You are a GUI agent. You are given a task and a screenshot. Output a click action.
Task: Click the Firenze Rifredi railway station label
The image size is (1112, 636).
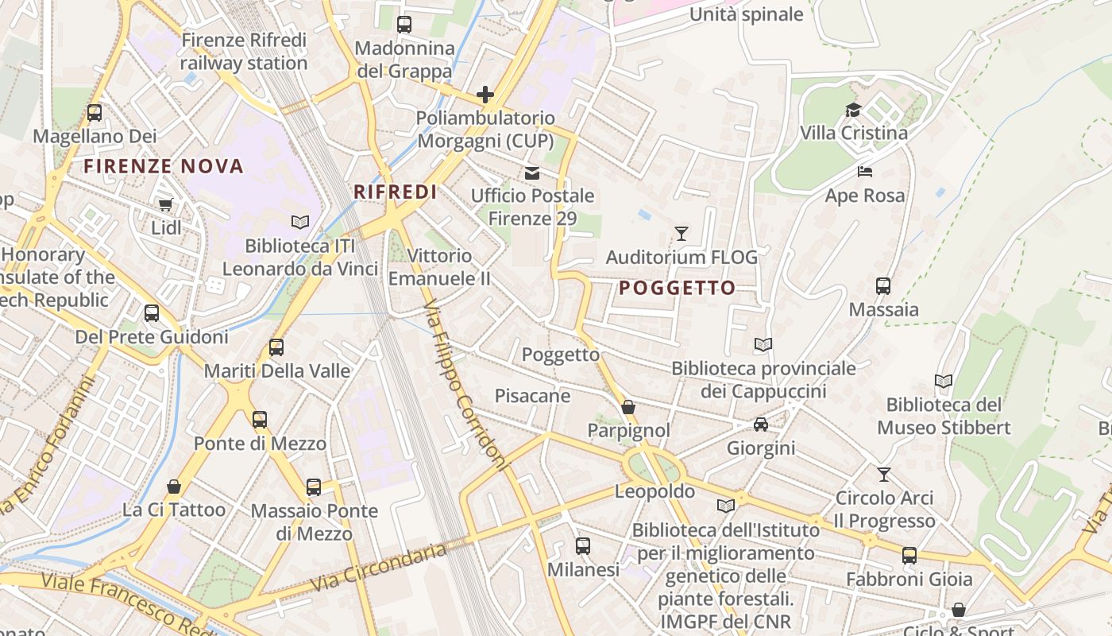[243, 52]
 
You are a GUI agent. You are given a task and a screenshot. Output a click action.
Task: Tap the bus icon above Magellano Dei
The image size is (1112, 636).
[95, 113]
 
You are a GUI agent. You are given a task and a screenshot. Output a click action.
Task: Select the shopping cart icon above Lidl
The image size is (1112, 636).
[166, 205]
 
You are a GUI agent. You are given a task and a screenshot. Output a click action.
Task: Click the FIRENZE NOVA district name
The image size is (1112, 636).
[164, 166]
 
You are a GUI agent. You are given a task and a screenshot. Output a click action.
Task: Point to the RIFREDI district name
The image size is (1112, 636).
[396, 192]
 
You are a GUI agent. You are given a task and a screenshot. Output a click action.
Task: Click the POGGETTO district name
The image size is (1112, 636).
[677, 288]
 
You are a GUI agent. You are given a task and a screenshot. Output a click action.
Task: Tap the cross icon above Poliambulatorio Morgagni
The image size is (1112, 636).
[485, 95]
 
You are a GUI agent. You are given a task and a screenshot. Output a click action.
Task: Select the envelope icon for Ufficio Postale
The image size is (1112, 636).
[531, 173]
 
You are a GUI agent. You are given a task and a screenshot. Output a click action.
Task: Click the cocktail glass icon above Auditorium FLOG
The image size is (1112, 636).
[681, 234]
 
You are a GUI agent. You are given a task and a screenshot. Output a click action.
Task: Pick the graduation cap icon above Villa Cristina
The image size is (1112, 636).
[853, 110]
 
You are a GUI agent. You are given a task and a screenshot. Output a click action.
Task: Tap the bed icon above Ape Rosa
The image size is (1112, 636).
[864, 172]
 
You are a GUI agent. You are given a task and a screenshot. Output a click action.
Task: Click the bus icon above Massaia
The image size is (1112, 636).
[882, 286]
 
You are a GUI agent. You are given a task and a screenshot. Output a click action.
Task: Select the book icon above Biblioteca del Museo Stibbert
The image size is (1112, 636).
[943, 382]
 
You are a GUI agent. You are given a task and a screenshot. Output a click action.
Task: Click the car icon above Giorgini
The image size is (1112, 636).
[760, 425]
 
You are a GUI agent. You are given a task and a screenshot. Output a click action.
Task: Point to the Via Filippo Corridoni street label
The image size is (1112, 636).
[464, 385]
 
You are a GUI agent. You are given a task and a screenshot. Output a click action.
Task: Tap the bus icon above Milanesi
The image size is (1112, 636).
[582, 546]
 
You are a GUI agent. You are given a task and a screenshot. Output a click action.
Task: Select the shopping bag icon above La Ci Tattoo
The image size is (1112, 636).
[173, 487]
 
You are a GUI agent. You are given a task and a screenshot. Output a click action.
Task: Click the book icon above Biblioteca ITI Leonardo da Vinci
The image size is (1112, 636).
[299, 223]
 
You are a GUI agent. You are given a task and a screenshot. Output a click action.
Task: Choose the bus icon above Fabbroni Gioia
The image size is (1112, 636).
[909, 556]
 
